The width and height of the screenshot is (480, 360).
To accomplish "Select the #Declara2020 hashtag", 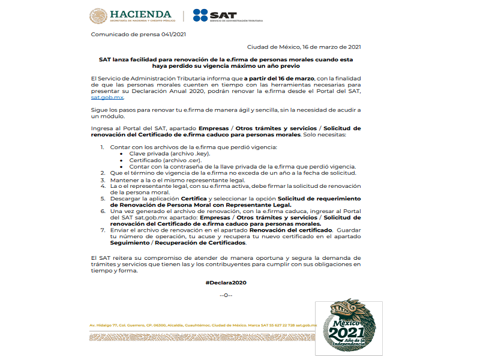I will pyautogui.click(x=226, y=282).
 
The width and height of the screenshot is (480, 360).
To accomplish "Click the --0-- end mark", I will pyautogui.click(x=226, y=295).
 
